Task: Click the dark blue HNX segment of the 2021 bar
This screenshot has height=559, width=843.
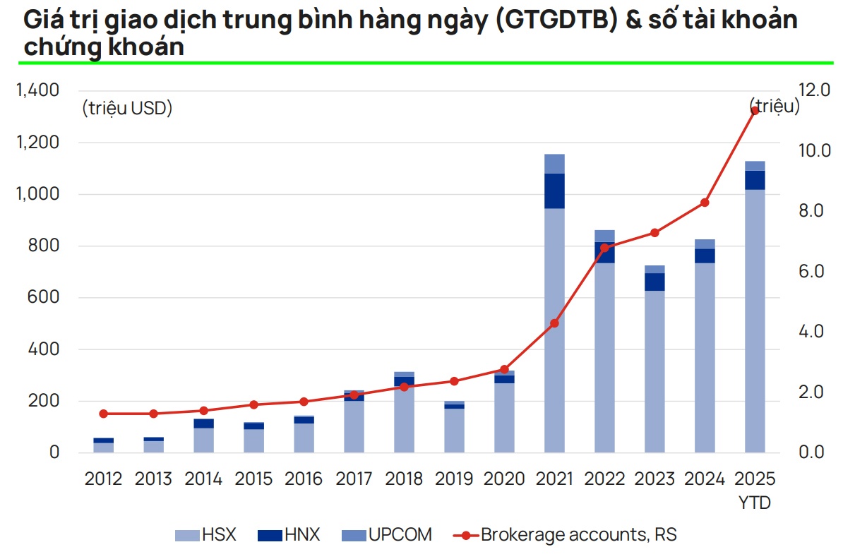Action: coord(554,191)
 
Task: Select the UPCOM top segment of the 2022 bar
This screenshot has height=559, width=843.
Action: coord(604,236)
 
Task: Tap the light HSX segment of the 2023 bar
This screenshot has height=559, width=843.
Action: coord(654,371)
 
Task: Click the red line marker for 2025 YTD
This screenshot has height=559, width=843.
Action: coord(755,111)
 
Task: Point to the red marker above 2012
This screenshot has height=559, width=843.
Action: coord(104,414)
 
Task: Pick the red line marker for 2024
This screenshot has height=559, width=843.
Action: coord(705,203)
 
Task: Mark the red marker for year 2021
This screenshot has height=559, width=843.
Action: coord(554,323)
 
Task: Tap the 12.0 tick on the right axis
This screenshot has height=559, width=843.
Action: coord(814,90)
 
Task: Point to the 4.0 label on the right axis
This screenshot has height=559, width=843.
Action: coord(811,331)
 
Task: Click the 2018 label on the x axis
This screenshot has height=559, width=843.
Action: coord(404,479)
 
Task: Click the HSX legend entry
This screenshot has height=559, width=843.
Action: coord(205,535)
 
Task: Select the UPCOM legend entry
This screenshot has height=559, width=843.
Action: coord(385,535)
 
